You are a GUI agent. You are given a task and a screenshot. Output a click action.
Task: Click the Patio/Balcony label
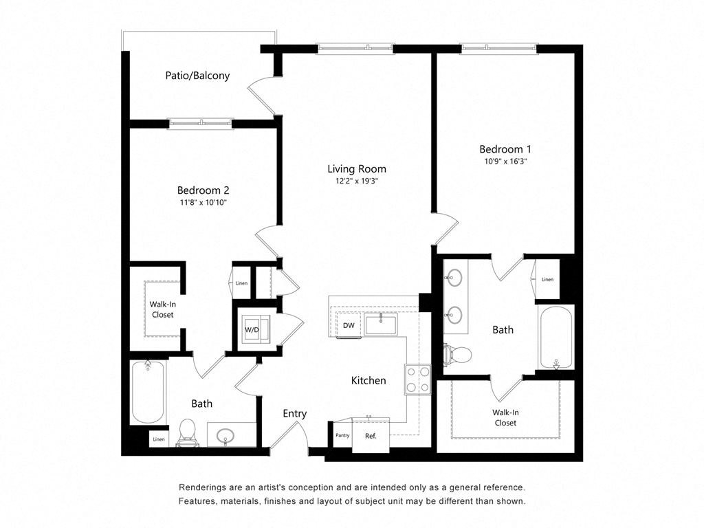[x=197, y=76]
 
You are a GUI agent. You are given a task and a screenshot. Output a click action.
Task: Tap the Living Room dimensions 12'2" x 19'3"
[x=356, y=181]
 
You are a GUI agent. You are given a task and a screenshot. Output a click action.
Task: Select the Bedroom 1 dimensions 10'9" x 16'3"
[x=505, y=162]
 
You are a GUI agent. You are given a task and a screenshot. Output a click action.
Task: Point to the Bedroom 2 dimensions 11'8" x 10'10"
[x=202, y=203]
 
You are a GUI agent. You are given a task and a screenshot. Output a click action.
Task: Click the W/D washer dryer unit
[x=253, y=330]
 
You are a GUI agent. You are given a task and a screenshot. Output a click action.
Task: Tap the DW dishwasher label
[x=349, y=325]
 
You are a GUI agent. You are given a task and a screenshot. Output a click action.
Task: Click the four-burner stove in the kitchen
[x=417, y=379]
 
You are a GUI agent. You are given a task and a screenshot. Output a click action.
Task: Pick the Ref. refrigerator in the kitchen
[x=371, y=435]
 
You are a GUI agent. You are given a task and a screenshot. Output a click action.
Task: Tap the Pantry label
[x=342, y=435]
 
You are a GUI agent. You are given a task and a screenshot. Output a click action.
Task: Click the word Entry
[x=295, y=413]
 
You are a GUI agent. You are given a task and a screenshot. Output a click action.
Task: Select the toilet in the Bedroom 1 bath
[x=459, y=355]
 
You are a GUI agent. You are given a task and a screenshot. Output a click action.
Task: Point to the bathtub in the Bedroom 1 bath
[x=555, y=338]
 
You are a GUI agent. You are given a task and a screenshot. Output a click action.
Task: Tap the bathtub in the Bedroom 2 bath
[x=148, y=392]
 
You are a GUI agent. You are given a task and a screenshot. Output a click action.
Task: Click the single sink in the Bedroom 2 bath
[x=225, y=435]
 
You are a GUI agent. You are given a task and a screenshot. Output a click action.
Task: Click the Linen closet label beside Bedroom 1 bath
[x=547, y=279]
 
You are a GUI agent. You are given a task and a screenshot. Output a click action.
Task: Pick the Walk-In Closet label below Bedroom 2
[x=162, y=309]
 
